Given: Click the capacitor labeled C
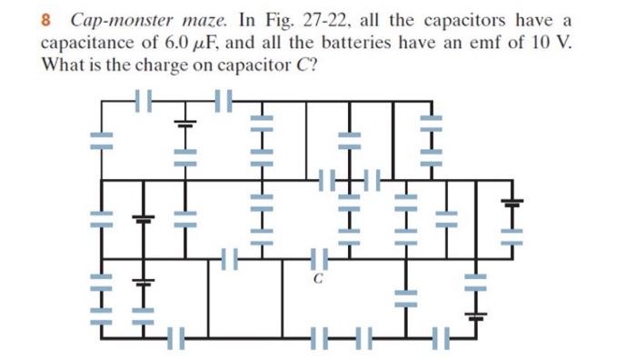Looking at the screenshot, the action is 317,261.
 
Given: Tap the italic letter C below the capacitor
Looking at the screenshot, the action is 318,280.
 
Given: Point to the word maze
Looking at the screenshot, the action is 191,20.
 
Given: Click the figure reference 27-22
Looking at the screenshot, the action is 306,20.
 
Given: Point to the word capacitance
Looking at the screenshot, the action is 90,43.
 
